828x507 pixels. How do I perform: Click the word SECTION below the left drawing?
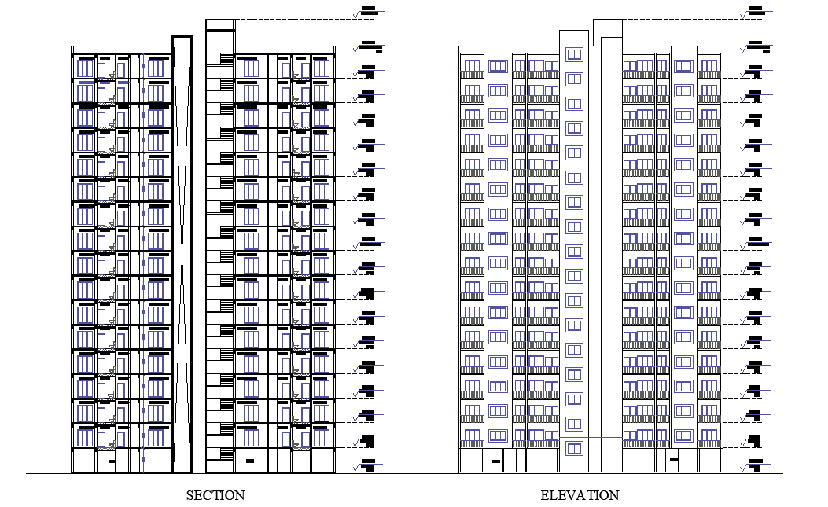coord(215,495)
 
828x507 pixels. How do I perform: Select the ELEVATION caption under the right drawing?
coord(580,495)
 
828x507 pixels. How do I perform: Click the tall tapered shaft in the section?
coord(182,252)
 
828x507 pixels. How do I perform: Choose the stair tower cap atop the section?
coord(220,35)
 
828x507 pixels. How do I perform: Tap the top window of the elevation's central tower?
coord(574,54)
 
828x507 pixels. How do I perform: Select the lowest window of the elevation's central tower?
coord(574,449)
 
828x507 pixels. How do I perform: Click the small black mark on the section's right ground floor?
coord(250,461)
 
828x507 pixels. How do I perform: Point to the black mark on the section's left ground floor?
coord(111,461)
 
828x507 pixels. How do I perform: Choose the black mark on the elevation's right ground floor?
coord(673,461)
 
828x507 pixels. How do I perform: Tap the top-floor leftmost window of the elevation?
coord(472,66)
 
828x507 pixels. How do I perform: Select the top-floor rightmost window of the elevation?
coord(709,66)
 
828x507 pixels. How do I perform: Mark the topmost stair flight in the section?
coord(227,60)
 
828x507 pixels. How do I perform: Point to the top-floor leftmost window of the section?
coord(85,68)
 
